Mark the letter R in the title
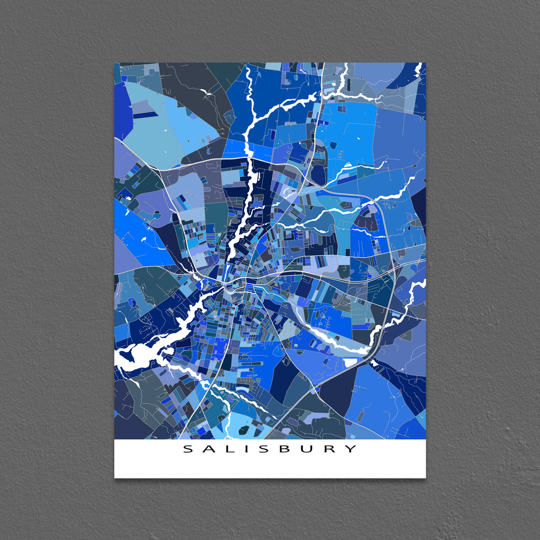point(330,449)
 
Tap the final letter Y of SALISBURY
point(351,449)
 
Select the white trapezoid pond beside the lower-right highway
point(350,362)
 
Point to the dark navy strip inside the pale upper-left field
point(143,115)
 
